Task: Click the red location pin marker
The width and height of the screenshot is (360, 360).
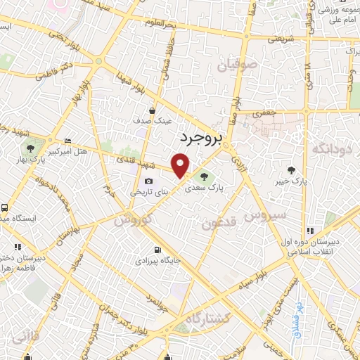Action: point(181,166)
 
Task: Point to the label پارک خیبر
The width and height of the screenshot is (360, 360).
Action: point(291,182)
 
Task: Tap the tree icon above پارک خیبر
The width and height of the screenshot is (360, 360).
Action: point(291,170)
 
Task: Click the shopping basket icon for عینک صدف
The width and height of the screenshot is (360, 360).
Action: point(153,110)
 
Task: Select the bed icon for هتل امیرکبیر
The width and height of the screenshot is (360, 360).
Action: point(67,141)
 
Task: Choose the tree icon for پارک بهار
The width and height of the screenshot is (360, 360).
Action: point(30,148)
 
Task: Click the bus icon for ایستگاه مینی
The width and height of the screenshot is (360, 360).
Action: point(5,208)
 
